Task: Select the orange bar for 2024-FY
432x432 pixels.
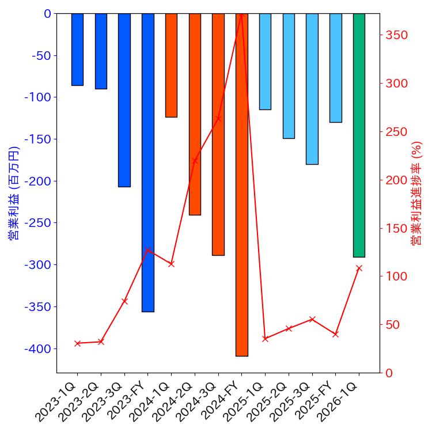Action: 241,184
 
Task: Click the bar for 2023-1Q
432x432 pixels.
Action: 77,50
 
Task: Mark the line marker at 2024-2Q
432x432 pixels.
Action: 195,161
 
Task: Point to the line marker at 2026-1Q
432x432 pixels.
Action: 359,268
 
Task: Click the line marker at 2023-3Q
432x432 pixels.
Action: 124,301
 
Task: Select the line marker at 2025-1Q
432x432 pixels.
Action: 265,339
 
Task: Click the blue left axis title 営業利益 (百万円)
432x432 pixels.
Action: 14,193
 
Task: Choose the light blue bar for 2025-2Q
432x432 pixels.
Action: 289,75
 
